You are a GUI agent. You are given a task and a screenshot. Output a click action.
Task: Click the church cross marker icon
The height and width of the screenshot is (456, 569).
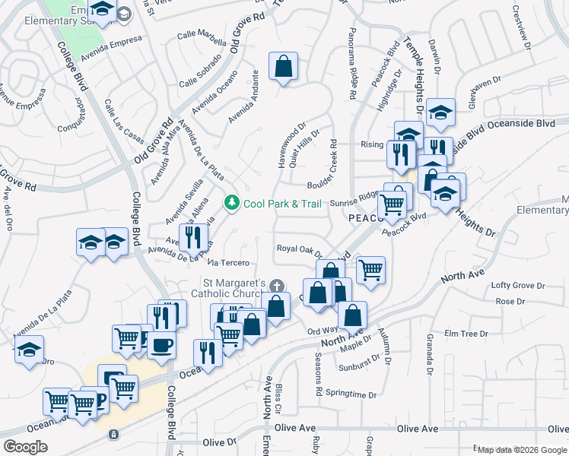coord(277,286)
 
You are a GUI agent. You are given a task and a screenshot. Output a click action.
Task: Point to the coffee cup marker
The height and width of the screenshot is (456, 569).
coord(161,344)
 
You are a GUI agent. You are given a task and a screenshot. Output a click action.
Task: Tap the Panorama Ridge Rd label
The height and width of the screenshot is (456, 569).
coord(352,69)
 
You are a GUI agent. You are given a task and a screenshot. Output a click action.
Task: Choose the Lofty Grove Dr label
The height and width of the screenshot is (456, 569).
coord(515,285)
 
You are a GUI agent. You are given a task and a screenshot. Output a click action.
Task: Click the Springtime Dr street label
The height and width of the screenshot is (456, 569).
coord(351,394)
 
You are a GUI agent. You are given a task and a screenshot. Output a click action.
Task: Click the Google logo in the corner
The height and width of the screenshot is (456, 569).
coord(25,446)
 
